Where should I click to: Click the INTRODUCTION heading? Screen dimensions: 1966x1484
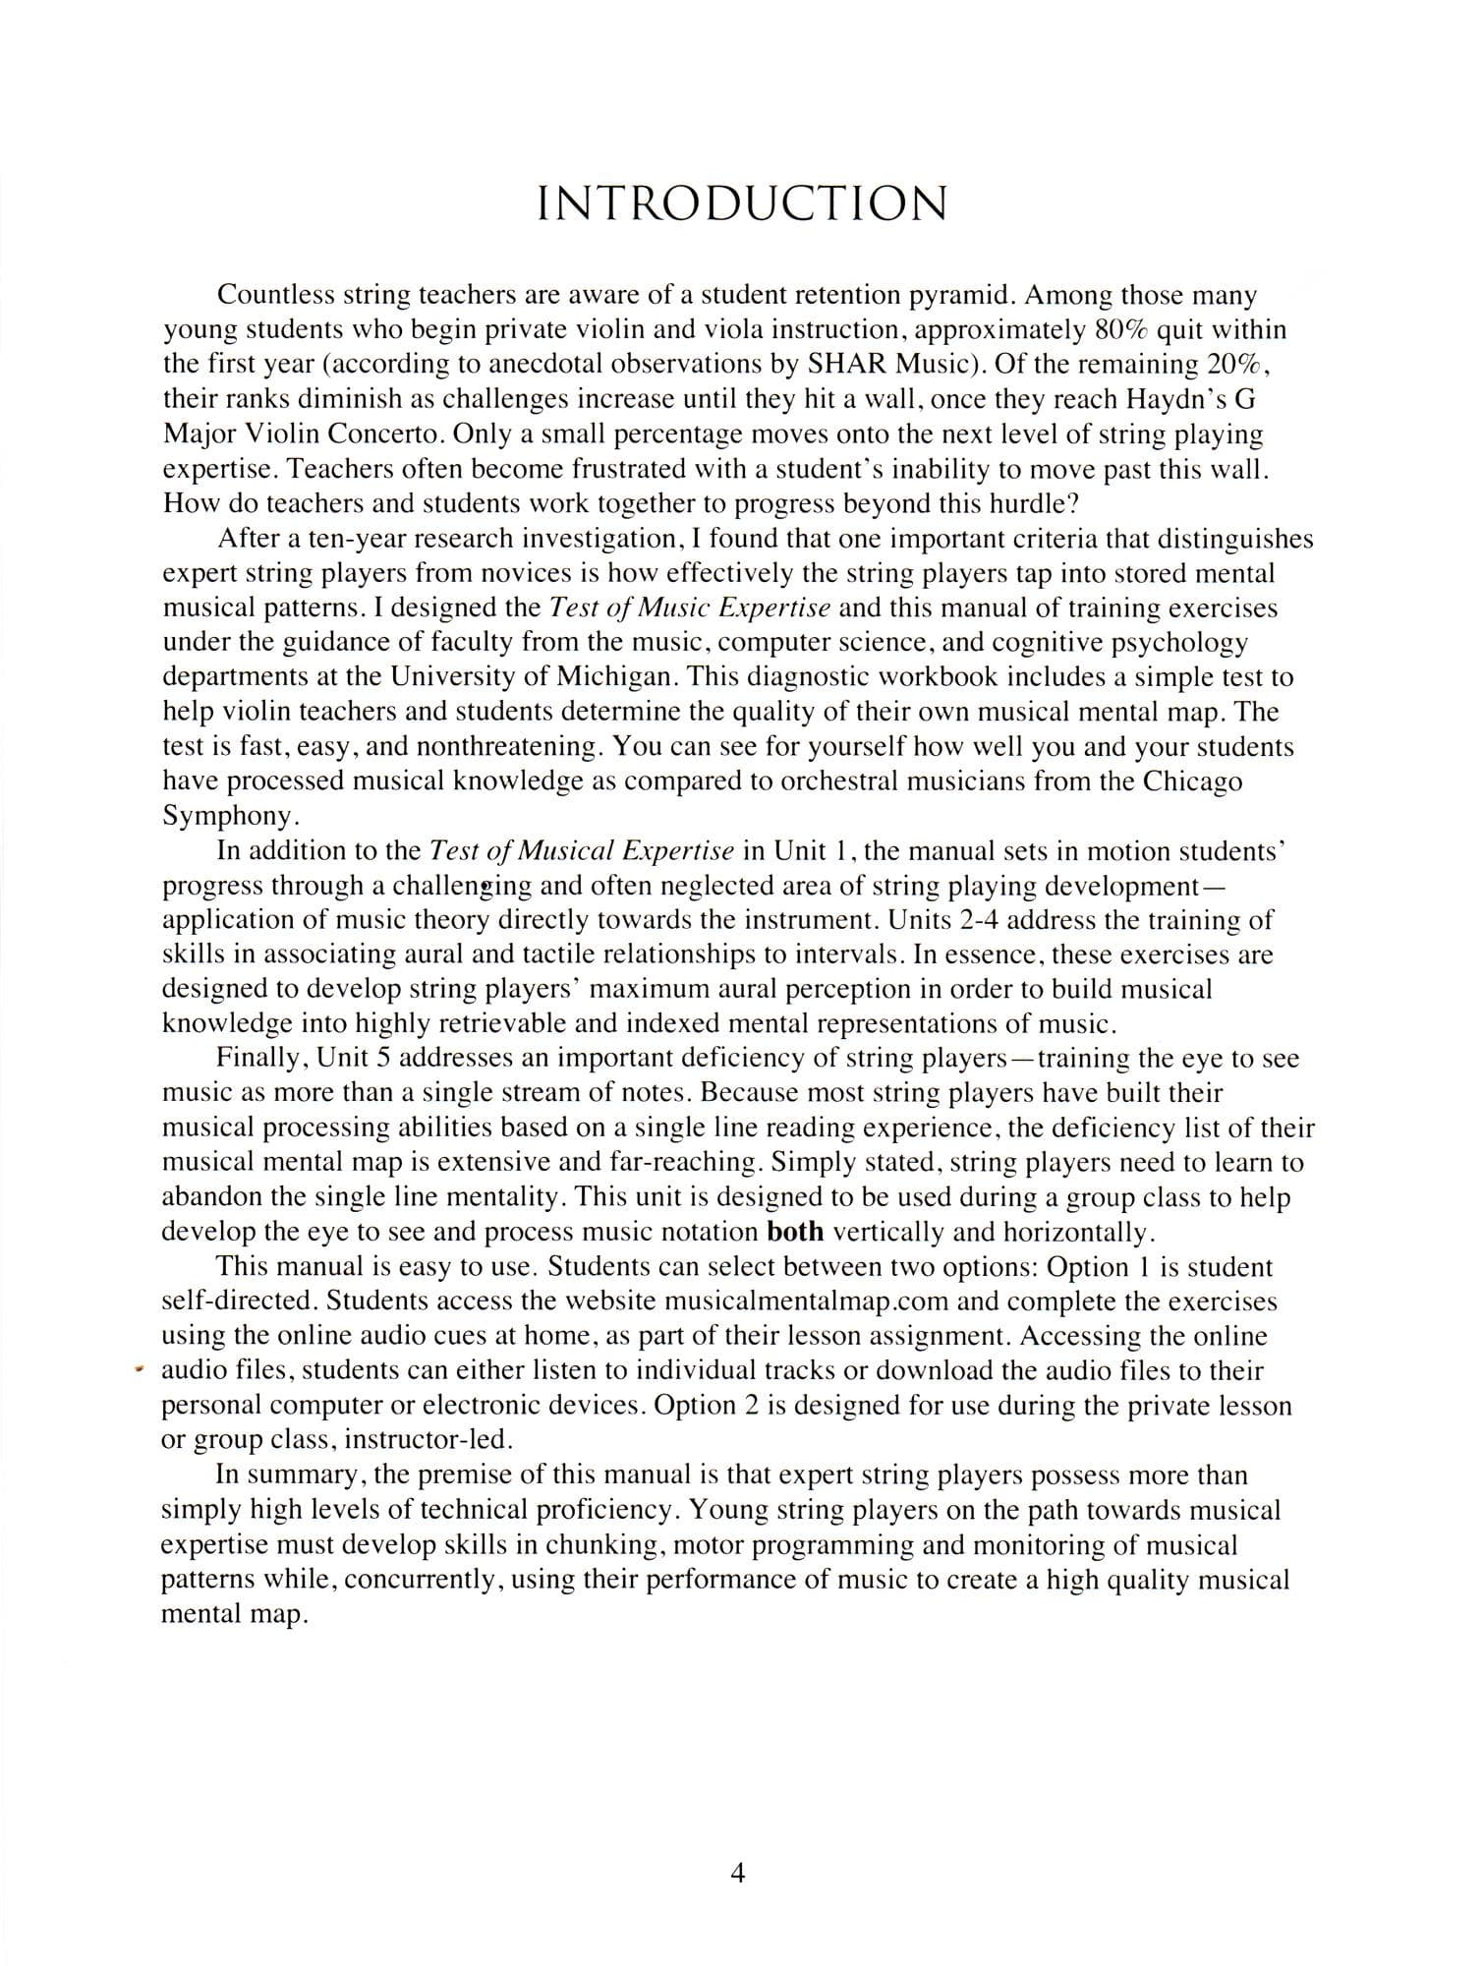[x=742, y=204]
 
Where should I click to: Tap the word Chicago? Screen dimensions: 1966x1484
[x=1193, y=781]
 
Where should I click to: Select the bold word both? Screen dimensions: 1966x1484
[x=794, y=1232]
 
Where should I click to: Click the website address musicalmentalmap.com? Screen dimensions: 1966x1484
[x=806, y=1301]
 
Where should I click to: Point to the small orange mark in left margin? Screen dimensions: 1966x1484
[x=141, y=1368]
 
